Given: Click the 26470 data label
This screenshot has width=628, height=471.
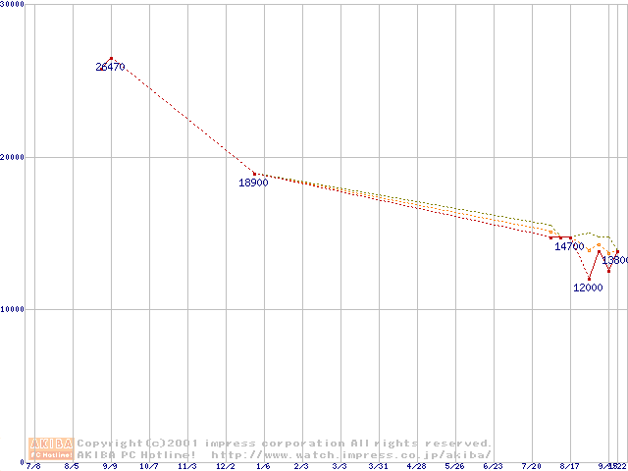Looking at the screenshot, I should click(110, 67).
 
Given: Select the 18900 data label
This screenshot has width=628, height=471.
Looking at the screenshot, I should click(253, 183).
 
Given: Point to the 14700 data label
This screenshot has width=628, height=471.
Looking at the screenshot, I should click(569, 246).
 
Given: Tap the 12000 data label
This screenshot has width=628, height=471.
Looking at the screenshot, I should click(588, 288).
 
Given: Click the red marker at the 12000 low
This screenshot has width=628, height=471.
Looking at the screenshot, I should click(590, 279).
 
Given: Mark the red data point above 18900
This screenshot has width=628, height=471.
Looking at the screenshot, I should click(255, 174).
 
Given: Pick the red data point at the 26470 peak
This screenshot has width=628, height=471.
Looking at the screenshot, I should click(111, 59).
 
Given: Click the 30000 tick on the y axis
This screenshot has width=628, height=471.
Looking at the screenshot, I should click(13, 5).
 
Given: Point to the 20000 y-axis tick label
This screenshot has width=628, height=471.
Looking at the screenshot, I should click(13, 157).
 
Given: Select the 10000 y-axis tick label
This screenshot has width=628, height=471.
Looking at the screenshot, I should click(13, 309).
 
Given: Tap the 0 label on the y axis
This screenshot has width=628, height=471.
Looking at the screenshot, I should click(5, 461).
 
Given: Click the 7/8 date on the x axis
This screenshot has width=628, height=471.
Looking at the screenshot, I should click(33, 467).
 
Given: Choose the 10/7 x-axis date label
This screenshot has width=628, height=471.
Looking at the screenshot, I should click(149, 467).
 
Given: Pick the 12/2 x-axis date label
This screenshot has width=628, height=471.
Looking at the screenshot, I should click(227, 467).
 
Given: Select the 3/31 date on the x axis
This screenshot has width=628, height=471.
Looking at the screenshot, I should click(378, 467).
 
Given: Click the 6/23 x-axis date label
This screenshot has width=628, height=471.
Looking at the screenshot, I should click(493, 467).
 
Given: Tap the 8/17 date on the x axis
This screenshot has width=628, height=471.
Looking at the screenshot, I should click(569, 467).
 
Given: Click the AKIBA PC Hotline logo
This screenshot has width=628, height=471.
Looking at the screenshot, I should click(51, 447).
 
